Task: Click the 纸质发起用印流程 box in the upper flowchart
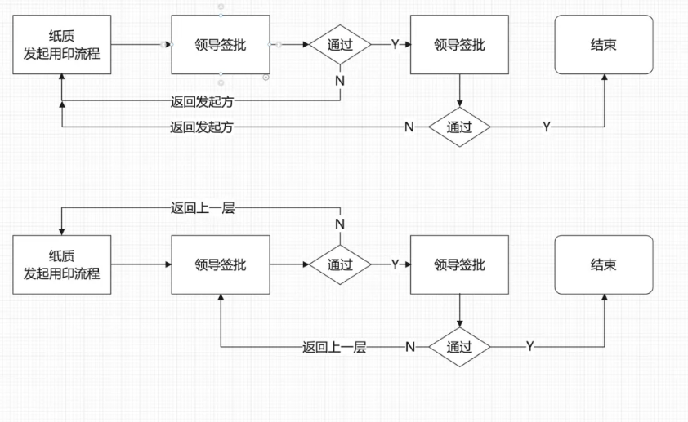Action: pyautogui.click(x=61, y=44)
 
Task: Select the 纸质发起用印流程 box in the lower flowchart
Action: pyautogui.click(x=61, y=264)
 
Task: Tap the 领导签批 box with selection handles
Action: pyautogui.click(x=220, y=44)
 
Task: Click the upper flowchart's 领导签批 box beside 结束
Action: pyautogui.click(x=459, y=44)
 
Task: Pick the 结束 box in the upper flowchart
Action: pyautogui.click(x=605, y=44)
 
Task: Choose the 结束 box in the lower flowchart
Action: pyautogui.click(x=605, y=264)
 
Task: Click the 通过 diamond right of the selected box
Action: pyautogui.click(x=339, y=44)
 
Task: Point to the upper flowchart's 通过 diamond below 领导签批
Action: pyautogui.click(x=459, y=127)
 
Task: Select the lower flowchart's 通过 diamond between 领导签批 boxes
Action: pyautogui.click(x=339, y=264)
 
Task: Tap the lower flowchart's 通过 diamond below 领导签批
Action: pyautogui.click(x=459, y=346)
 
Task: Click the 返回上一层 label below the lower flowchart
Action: pyautogui.click(x=334, y=347)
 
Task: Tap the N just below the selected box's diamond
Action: pyautogui.click(x=340, y=81)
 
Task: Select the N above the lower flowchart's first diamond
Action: pyautogui.click(x=340, y=224)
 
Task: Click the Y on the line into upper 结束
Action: pyautogui.click(x=547, y=127)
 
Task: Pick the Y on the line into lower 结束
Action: pyautogui.click(x=529, y=347)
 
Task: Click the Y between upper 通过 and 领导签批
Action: pyautogui.click(x=395, y=44)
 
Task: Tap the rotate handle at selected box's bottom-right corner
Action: pyautogui.click(x=266, y=77)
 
